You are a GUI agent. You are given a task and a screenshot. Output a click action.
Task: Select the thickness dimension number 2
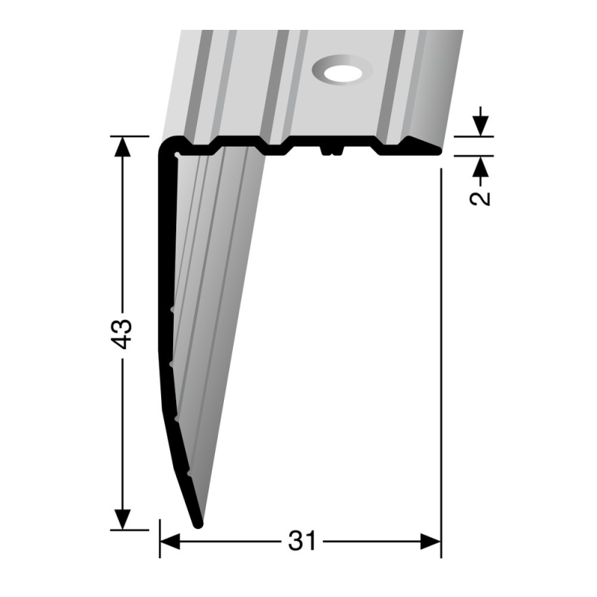click(483, 193)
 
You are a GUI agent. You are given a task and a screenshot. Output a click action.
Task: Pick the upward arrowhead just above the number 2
click(483, 166)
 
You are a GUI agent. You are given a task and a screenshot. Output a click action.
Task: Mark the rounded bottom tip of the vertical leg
click(198, 522)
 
